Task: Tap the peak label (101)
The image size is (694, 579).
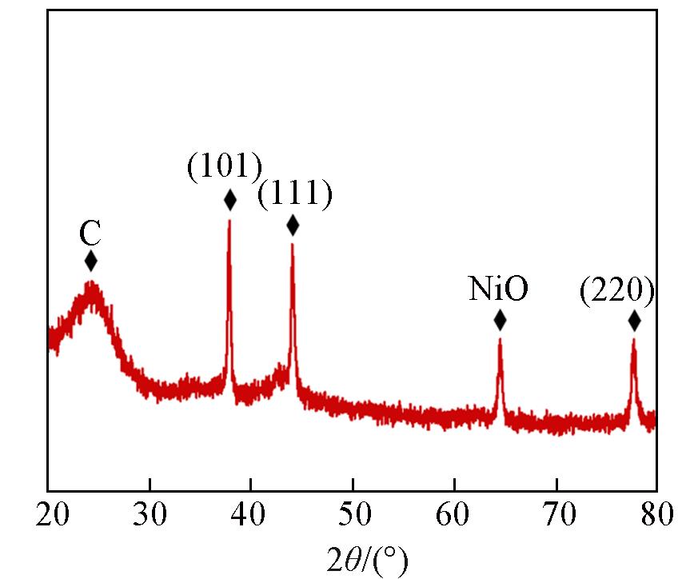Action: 225,168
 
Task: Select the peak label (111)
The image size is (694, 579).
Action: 294,194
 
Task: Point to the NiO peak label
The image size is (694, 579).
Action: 498,289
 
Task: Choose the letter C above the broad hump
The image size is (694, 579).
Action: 90,234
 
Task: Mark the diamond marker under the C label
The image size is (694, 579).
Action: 90,261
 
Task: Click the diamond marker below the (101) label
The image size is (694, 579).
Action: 230,200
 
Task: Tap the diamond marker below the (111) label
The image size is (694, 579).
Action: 293,226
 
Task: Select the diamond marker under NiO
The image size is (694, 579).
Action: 500,321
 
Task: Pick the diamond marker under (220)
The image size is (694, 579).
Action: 634,321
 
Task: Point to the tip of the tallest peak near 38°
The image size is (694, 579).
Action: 229,221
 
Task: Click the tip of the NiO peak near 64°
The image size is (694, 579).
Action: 500,341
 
